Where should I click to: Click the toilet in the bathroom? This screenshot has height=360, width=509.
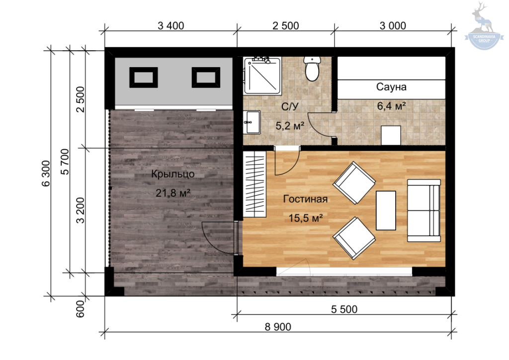(x=312, y=69)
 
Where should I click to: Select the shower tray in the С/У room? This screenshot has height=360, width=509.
(x=262, y=76)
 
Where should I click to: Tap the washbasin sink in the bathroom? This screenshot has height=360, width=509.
(x=252, y=122)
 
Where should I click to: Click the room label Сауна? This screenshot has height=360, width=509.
(x=391, y=87)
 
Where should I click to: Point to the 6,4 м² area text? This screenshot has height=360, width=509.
(x=391, y=106)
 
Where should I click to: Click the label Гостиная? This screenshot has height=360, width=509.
(x=305, y=199)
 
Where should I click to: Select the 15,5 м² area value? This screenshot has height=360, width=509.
(x=306, y=218)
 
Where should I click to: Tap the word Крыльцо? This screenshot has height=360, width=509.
(x=172, y=175)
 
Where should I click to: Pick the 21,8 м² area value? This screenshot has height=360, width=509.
(x=172, y=193)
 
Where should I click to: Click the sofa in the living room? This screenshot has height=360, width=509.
(x=424, y=210)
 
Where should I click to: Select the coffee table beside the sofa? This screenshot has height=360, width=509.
(x=386, y=210)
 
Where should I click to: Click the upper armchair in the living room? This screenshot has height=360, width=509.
(x=354, y=183)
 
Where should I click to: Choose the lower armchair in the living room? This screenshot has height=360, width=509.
(x=354, y=238)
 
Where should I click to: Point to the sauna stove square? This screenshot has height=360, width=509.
(x=391, y=135)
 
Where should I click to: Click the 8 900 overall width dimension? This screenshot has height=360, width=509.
(x=278, y=327)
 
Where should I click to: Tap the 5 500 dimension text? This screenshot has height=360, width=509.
(x=344, y=309)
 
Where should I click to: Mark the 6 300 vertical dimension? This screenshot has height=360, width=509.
(x=46, y=174)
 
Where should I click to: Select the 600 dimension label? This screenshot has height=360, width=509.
(x=80, y=309)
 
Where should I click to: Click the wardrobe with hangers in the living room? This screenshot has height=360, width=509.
(x=255, y=184)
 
